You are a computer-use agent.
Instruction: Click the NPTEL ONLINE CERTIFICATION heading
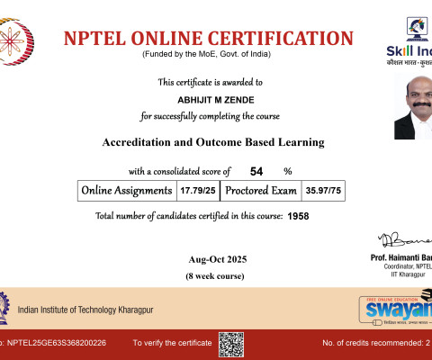(x=209, y=38)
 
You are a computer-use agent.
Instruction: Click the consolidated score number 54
(x=256, y=171)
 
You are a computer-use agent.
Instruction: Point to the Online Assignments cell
(x=126, y=191)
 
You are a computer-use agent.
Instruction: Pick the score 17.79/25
(x=197, y=191)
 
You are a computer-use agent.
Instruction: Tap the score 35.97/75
(x=322, y=191)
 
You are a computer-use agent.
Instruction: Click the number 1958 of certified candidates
(x=299, y=217)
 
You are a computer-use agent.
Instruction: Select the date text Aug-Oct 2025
(x=212, y=259)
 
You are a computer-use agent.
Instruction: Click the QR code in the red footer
(x=231, y=344)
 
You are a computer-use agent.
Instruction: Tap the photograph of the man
(x=413, y=115)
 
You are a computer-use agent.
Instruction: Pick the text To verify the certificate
(x=171, y=344)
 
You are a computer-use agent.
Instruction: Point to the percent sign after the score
(x=288, y=171)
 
